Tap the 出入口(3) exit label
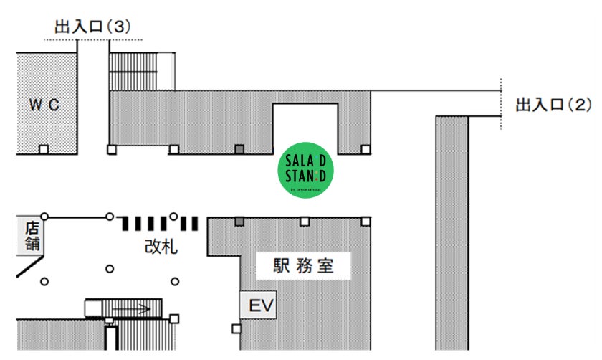(x=92, y=27)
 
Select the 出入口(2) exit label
(x=554, y=106)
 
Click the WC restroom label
(x=44, y=105)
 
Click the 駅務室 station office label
(x=304, y=266)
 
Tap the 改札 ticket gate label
(x=161, y=247)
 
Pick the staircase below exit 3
(x=141, y=71)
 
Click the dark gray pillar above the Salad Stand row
(x=239, y=149)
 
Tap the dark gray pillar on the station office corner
(x=239, y=221)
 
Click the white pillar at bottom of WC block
(x=44, y=149)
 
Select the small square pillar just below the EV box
(x=236, y=329)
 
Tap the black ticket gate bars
(x=159, y=223)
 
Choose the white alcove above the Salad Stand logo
(x=306, y=125)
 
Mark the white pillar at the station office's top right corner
(x=365, y=221)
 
